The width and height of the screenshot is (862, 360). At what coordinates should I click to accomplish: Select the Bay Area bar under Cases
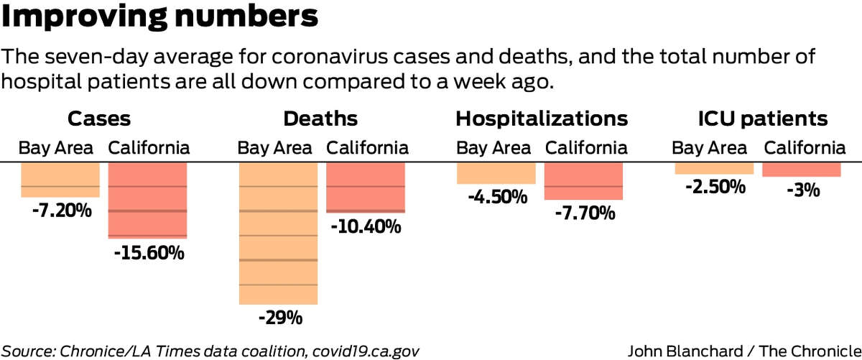(x=60, y=179)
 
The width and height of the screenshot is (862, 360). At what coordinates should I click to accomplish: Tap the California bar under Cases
(x=147, y=200)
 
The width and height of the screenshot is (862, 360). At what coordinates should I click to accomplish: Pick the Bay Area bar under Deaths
(x=278, y=234)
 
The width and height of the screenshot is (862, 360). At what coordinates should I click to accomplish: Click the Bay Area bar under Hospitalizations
(x=496, y=173)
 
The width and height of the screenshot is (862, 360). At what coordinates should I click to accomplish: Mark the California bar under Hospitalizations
(x=583, y=180)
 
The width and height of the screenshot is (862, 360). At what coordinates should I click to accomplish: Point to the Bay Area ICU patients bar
(x=714, y=168)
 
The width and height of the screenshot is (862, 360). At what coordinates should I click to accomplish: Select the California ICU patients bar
(x=801, y=170)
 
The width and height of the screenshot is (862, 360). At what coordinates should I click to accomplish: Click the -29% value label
(x=278, y=317)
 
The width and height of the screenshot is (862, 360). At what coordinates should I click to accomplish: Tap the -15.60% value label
(x=149, y=252)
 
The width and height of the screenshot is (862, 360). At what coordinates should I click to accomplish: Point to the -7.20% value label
(x=61, y=211)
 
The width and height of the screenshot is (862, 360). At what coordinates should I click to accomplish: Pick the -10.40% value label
(x=366, y=227)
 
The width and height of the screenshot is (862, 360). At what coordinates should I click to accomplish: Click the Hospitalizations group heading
(x=542, y=119)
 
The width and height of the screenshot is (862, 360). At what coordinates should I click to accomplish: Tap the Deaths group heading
(x=320, y=119)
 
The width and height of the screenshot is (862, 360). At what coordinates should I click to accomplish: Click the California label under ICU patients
(x=805, y=149)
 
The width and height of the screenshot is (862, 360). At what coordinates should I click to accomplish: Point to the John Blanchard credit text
(x=743, y=351)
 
